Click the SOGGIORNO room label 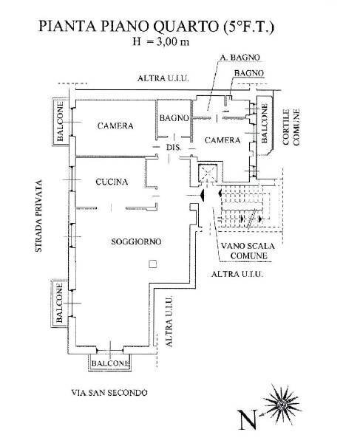tap(126, 242)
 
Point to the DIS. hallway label tap(174, 147)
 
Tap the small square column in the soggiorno tap(152, 264)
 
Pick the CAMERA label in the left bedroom tap(115, 126)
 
